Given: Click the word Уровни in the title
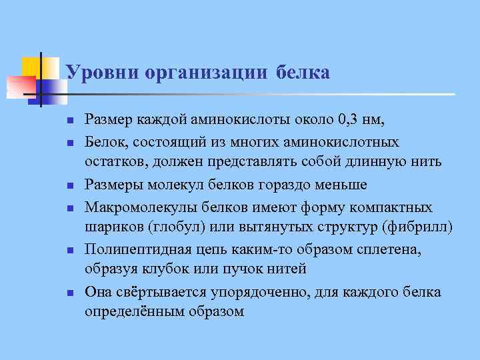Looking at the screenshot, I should [98, 72].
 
